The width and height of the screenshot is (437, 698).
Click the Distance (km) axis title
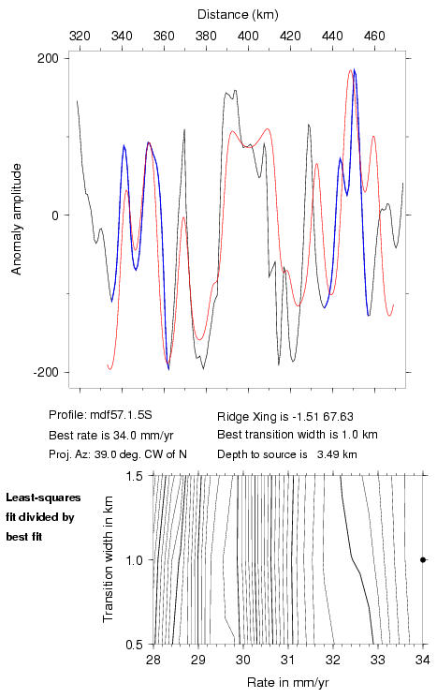click(238, 15)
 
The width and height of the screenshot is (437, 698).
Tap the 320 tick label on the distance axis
click(80, 36)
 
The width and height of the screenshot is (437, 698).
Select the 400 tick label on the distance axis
click(248, 36)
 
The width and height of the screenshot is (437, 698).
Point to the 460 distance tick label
click(374, 36)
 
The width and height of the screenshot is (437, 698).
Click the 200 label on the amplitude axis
click(48, 58)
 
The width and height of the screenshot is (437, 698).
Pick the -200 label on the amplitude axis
click(46, 372)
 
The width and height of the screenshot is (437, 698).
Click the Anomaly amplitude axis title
click(17, 219)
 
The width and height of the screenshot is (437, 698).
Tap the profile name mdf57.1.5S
click(122, 415)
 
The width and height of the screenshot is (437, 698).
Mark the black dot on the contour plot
click(423, 559)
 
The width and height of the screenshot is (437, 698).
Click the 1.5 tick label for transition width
click(133, 476)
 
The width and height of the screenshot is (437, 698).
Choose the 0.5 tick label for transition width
click(133, 645)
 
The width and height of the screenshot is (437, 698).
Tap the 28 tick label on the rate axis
click(153, 660)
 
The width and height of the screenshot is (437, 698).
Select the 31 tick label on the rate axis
click(288, 660)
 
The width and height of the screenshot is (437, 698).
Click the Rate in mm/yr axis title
click(288, 682)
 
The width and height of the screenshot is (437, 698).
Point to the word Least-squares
click(44, 498)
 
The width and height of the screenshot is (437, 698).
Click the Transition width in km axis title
click(108, 559)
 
